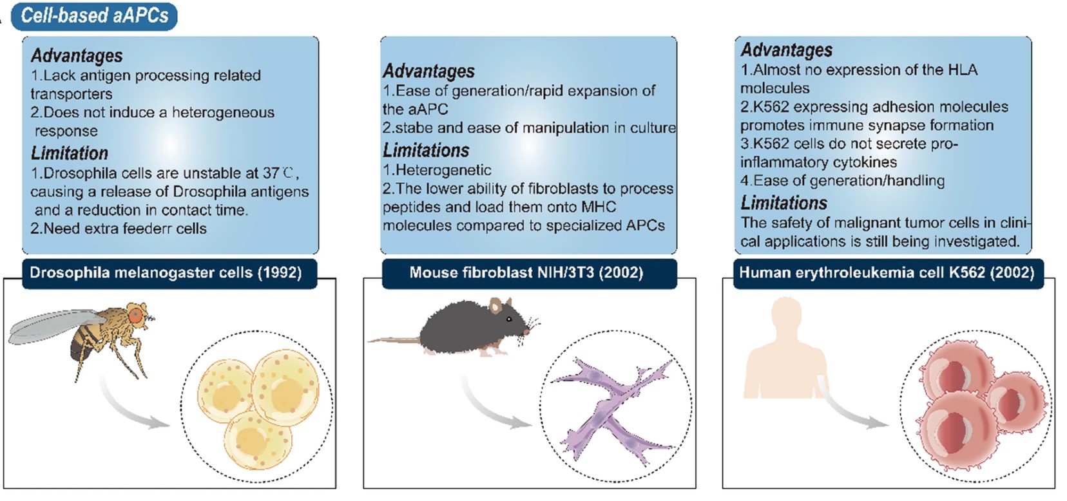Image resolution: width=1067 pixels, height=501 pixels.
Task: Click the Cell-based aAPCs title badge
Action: click(x=94, y=15)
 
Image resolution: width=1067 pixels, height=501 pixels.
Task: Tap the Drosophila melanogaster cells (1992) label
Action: click(x=166, y=272)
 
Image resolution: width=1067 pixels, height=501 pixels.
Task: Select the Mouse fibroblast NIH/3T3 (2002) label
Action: click(x=526, y=272)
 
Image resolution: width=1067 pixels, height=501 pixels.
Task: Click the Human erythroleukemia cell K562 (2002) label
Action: click(x=887, y=272)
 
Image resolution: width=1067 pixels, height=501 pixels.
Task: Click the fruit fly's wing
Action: click(x=52, y=326)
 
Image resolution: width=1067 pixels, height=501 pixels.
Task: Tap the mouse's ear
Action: click(x=495, y=305)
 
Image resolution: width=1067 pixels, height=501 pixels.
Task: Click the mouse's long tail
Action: click(x=393, y=339)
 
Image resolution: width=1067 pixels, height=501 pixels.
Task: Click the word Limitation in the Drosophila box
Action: click(x=70, y=153)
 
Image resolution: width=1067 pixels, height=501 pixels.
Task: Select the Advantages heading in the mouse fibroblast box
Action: click(x=429, y=71)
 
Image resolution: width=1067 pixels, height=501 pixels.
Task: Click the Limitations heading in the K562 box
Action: click(x=783, y=203)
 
